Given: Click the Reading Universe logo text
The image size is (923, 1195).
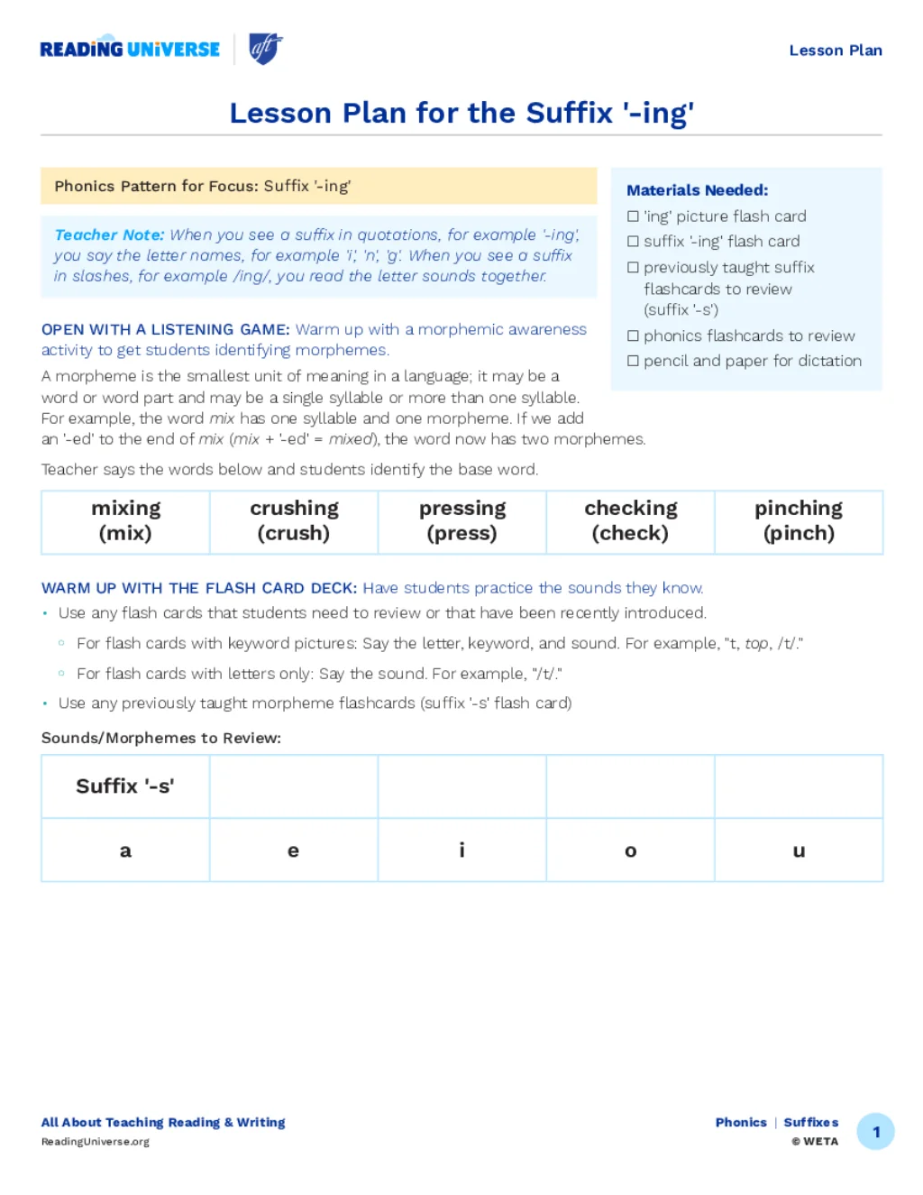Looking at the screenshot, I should click(x=130, y=50).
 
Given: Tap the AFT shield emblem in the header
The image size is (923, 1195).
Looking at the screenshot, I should click(x=265, y=49).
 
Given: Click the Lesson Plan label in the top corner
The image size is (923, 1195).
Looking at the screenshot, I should click(x=836, y=51).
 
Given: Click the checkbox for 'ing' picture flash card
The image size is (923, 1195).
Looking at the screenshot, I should click(x=633, y=216).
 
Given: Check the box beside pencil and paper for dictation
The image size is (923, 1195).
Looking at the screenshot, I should click(x=633, y=361).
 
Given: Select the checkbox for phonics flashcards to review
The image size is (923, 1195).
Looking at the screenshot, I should click(x=633, y=336).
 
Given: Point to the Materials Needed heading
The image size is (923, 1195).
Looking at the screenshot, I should click(x=697, y=190).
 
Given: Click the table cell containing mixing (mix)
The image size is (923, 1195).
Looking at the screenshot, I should click(x=125, y=521).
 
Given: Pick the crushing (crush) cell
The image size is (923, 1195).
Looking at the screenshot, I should click(x=294, y=521).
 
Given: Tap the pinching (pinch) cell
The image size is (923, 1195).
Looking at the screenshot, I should click(x=799, y=521).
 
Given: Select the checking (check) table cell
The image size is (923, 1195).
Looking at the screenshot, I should click(x=630, y=521).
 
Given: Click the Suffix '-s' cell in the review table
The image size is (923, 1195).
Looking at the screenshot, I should click(x=125, y=786).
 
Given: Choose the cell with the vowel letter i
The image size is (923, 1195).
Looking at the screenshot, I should click(x=461, y=850).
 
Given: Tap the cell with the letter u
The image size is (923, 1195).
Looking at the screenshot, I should click(x=799, y=850).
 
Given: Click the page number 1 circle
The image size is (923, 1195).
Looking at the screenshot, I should click(x=875, y=1132).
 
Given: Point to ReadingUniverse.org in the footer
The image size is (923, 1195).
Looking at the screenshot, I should click(x=96, y=1142).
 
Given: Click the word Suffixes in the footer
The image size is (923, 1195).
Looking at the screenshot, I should click(x=810, y=1122).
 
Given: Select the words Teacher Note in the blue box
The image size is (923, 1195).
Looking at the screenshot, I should click(x=109, y=234).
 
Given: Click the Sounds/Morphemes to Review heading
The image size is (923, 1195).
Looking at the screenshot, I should click(x=161, y=738).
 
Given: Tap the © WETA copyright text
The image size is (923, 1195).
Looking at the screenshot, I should click(x=815, y=1142).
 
